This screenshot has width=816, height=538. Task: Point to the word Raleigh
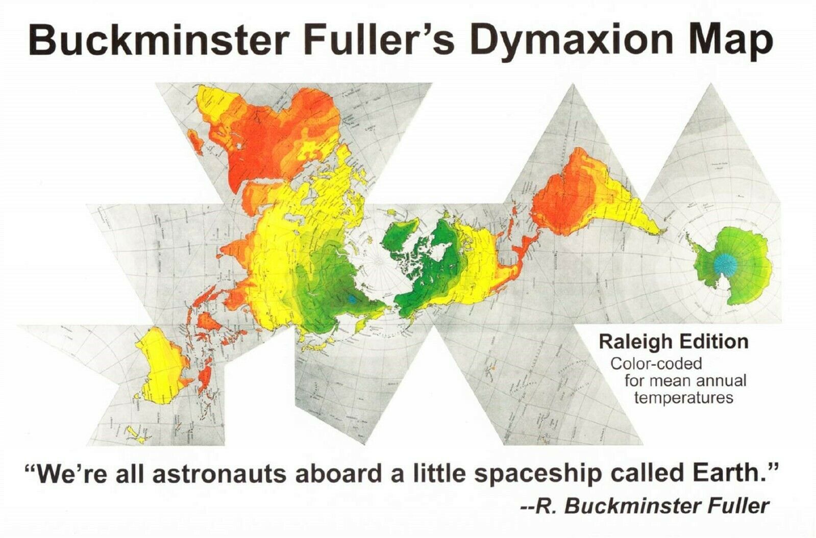pos(635,342)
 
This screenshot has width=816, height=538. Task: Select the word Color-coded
pos(656,364)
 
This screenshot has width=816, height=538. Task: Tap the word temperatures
pos(684,398)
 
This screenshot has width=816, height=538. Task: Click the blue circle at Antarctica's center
pos(725,264)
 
